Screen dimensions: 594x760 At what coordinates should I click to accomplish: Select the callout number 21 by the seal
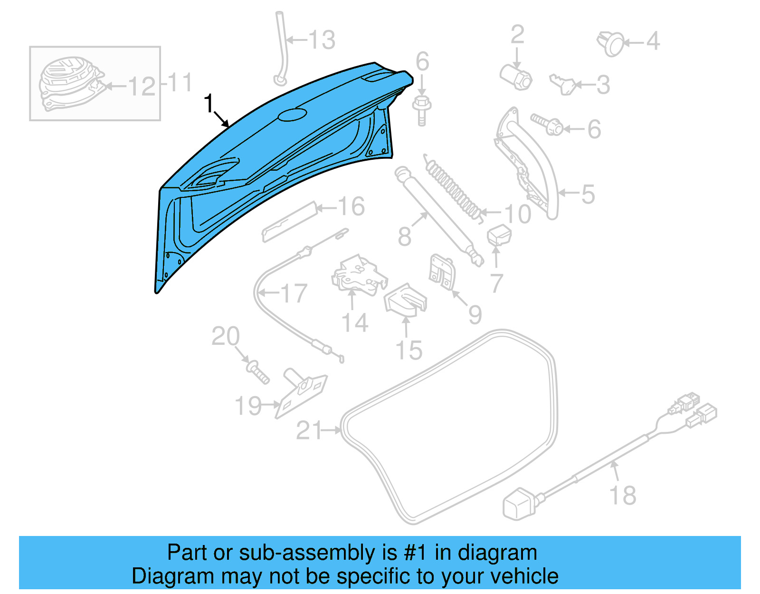(309, 430)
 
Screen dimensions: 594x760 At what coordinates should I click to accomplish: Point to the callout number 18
(623, 495)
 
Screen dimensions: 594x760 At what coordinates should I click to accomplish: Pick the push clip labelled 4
(611, 43)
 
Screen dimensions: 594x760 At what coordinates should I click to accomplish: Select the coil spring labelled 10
(454, 188)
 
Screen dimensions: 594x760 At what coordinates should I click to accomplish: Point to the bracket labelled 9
(442, 273)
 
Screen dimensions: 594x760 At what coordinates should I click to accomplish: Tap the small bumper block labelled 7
(499, 235)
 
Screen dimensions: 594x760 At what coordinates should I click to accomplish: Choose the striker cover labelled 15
(405, 300)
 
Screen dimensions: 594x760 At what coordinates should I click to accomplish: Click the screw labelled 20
(258, 372)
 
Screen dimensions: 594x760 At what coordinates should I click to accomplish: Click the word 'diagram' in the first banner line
(497, 553)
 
